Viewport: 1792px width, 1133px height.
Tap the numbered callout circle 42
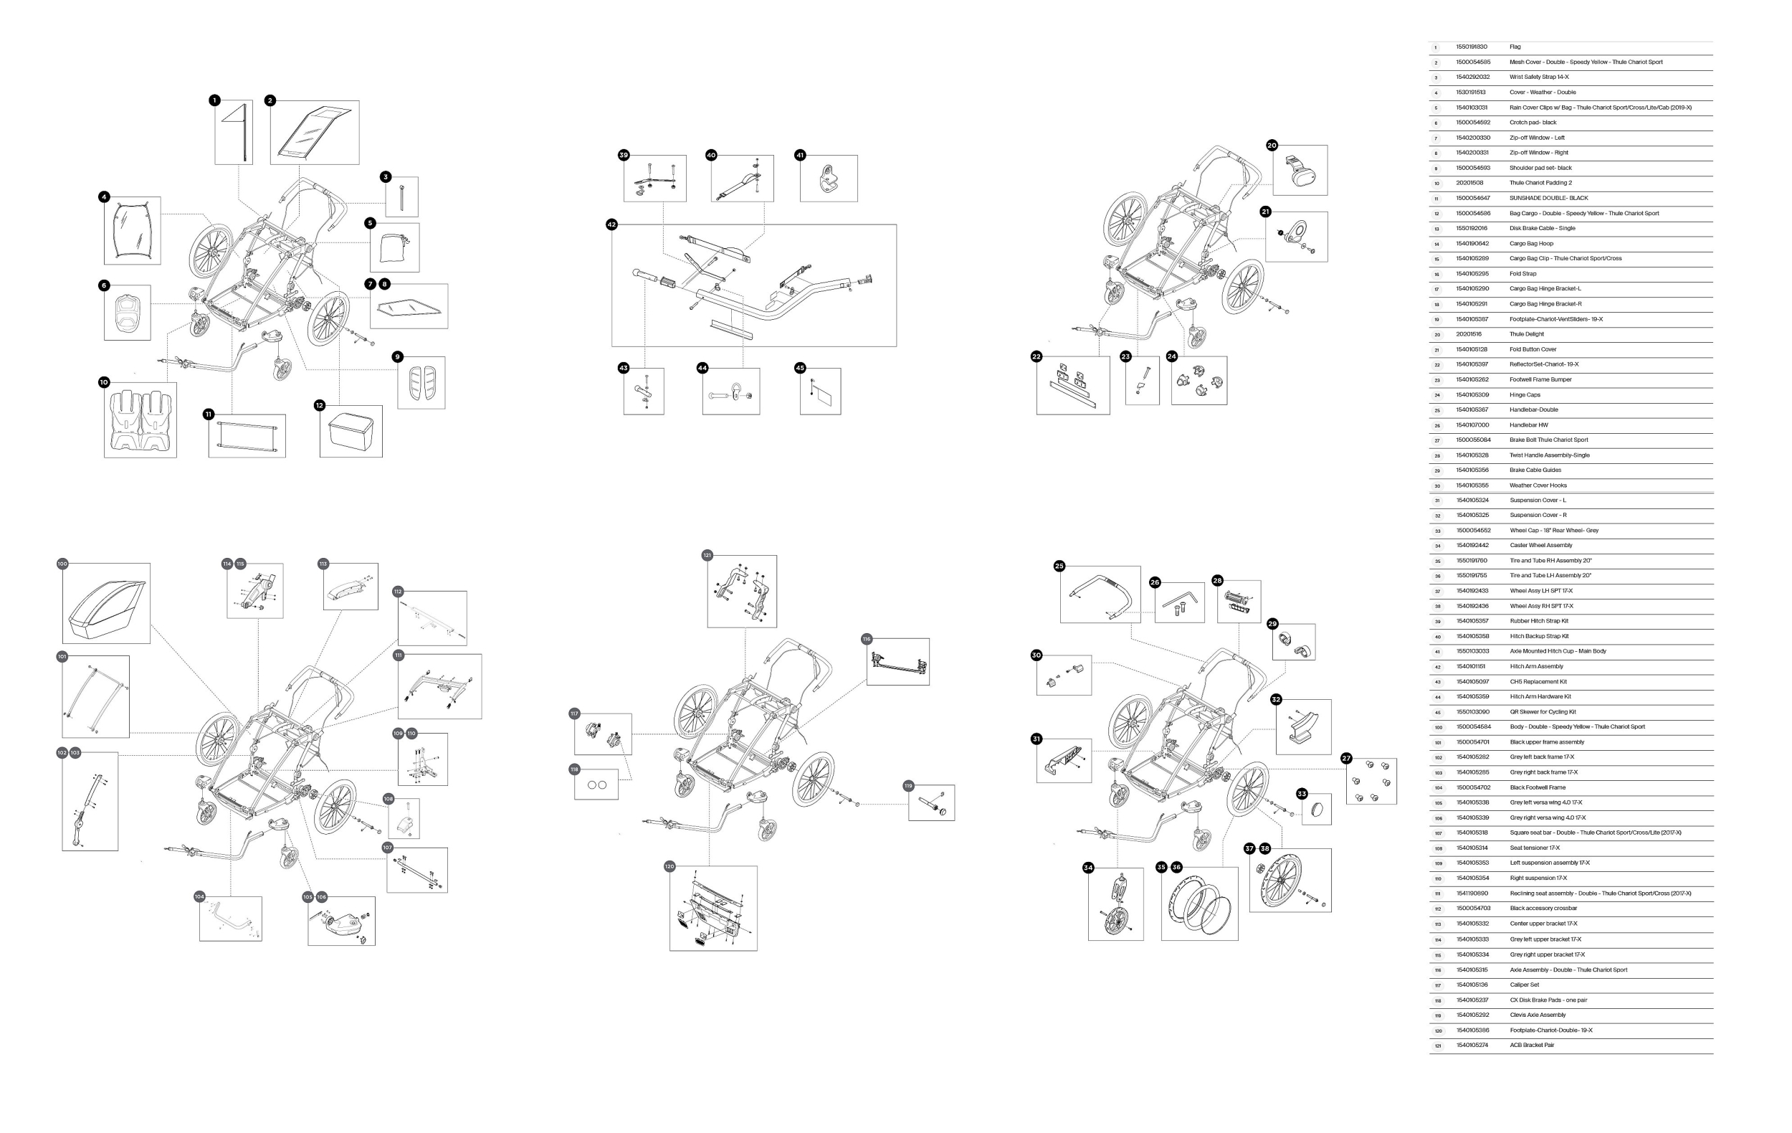(x=611, y=224)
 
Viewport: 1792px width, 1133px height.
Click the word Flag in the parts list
(x=1515, y=47)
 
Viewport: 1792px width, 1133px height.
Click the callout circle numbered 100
(x=62, y=564)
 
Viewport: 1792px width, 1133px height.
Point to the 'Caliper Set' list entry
(x=1524, y=985)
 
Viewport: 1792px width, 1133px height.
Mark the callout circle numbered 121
(x=707, y=555)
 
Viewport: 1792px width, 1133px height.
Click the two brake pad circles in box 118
(x=597, y=784)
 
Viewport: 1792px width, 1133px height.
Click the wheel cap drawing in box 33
(x=1316, y=810)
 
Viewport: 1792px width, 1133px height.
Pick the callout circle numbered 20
(x=1272, y=145)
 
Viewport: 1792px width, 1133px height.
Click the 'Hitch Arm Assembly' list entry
(x=1536, y=666)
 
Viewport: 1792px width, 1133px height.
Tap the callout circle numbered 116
(x=866, y=639)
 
